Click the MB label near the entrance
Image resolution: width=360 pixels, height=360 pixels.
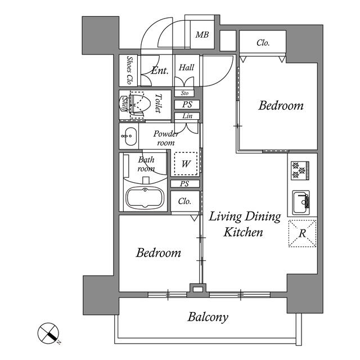pyautogui.click(x=202, y=35)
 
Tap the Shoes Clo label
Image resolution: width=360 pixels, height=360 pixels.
pyautogui.click(x=129, y=70)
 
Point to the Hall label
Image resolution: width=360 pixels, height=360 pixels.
pyautogui.click(x=186, y=67)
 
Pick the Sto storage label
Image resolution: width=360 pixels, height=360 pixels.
pyautogui.click(x=184, y=93)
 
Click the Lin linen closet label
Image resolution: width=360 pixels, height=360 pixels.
pyautogui.click(x=186, y=116)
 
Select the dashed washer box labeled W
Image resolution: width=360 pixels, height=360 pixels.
pyautogui.click(x=186, y=164)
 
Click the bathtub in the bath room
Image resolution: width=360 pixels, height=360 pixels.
pyautogui.click(x=145, y=198)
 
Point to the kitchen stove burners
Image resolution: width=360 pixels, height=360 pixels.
pyautogui.click(x=299, y=169)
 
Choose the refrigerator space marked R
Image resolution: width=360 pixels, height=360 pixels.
pyautogui.click(x=302, y=233)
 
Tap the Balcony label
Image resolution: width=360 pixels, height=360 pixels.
pyautogui.click(x=208, y=317)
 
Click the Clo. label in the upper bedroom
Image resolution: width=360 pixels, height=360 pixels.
pyautogui.click(x=263, y=42)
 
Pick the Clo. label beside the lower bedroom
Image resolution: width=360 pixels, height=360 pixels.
pyautogui.click(x=184, y=201)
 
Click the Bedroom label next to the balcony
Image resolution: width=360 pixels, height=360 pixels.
pyautogui.click(x=159, y=253)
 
